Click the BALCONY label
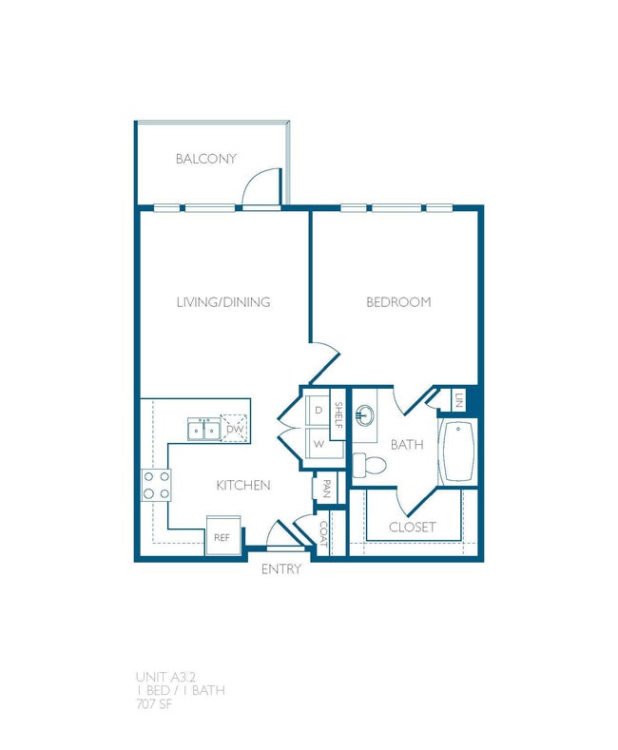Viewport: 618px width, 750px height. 206,159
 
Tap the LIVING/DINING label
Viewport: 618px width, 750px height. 223,302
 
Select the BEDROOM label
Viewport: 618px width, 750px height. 398,302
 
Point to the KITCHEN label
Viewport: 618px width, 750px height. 243,485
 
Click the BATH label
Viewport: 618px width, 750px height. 406,444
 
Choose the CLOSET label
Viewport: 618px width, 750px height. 413,527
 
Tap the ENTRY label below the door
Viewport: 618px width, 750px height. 281,569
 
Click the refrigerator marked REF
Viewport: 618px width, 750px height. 222,536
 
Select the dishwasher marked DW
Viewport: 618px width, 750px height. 234,429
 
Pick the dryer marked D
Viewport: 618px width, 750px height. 318,410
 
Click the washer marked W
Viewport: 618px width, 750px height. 318,444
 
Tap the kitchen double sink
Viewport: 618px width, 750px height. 204,430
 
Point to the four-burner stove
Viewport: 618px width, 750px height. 156,485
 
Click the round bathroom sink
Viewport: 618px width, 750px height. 366,416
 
